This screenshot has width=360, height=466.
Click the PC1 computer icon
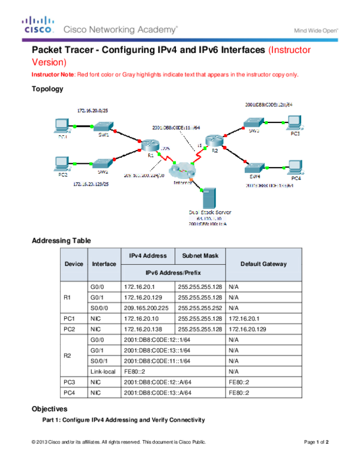coord(61,126)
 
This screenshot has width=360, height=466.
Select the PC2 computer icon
coord(61,163)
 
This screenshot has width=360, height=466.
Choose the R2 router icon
coord(213,142)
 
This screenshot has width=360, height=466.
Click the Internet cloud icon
coord(182,171)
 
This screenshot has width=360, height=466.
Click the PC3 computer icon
coord(293,123)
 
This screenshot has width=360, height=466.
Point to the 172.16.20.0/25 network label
coord(94,111)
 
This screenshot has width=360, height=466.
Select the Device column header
coord(74,264)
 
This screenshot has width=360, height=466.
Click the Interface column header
coord(104,264)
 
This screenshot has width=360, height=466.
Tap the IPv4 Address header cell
coord(147,256)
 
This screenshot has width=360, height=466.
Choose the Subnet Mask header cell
coord(200,256)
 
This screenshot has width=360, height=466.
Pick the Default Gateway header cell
coord(263,264)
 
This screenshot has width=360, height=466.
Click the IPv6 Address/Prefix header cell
coord(173,273)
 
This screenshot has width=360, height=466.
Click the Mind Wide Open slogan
coord(316,30)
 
